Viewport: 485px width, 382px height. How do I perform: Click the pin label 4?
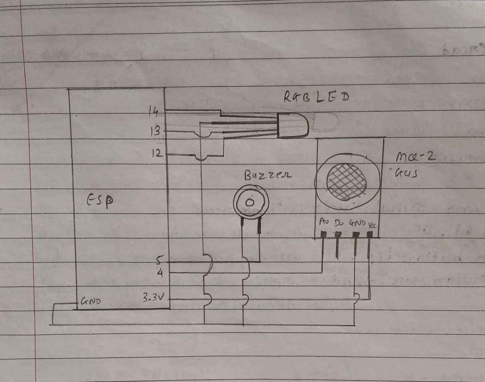click(x=160, y=273)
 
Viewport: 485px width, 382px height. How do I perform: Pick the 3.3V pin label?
click(x=153, y=298)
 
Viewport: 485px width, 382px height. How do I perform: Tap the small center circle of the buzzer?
click(x=250, y=202)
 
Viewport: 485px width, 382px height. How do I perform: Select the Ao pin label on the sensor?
click(x=324, y=222)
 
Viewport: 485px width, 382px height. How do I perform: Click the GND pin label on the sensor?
click(x=357, y=223)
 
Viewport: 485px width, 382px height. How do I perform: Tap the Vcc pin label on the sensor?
click(x=372, y=223)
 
